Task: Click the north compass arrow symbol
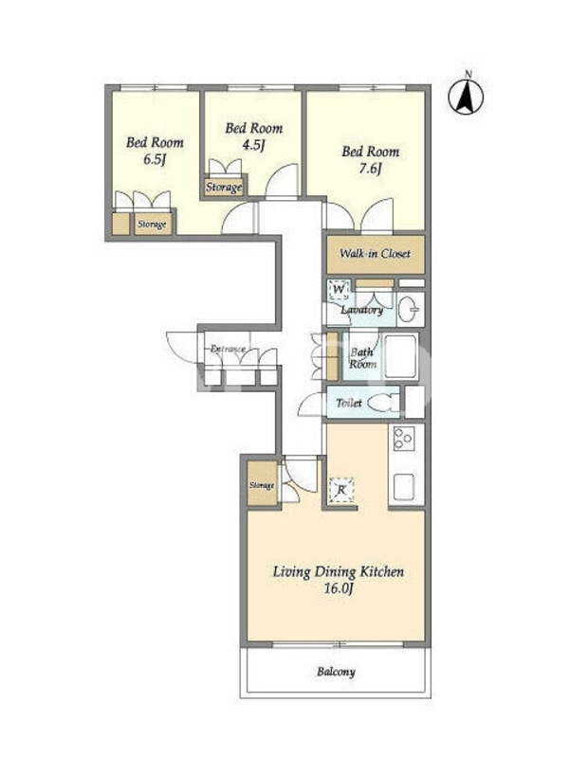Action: (x=466, y=97)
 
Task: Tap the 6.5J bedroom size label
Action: (x=155, y=160)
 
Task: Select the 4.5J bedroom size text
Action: (x=253, y=146)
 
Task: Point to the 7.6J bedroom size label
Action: (x=370, y=169)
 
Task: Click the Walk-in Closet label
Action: (x=375, y=253)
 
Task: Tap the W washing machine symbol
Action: (x=340, y=290)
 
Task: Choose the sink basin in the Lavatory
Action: (x=411, y=309)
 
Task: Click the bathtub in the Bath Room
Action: (x=400, y=357)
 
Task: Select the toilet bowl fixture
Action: (x=384, y=403)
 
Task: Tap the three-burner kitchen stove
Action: (x=402, y=439)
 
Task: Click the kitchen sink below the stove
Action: (x=404, y=487)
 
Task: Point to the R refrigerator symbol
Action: (x=341, y=490)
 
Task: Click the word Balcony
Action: (x=337, y=672)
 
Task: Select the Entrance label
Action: (x=228, y=349)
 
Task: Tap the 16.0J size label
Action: (x=339, y=588)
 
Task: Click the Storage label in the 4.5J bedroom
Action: (x=224, y=187)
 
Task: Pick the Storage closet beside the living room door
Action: (x=263, y=484)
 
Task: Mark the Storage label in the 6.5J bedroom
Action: (x=152, y=225)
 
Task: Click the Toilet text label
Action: (x=349, y=403)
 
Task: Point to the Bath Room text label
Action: (x=363, y=358)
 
